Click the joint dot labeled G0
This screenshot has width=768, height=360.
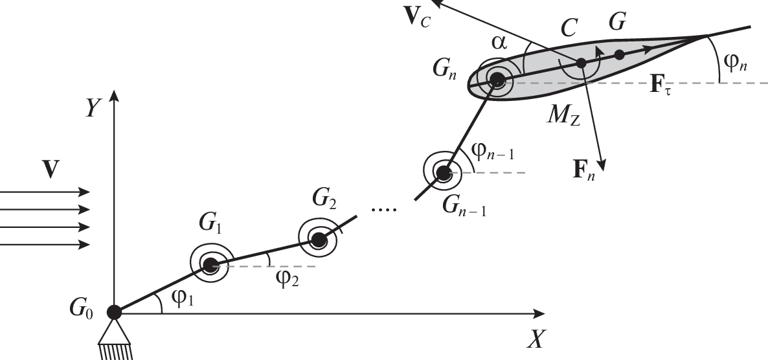114,312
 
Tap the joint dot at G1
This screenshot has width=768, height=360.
210,264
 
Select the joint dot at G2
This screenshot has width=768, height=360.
318,240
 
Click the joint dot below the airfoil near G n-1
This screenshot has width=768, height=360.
443,173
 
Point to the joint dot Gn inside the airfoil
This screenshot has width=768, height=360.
497,80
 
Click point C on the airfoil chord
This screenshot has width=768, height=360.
582,63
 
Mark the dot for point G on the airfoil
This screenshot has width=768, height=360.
620,54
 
